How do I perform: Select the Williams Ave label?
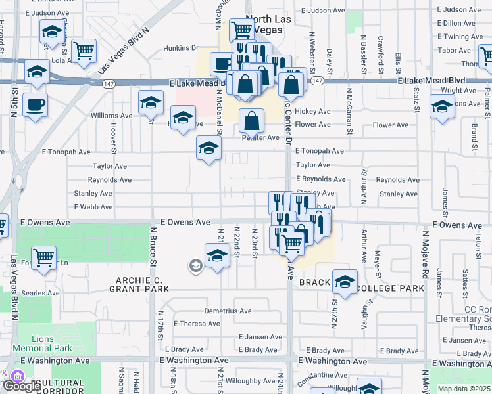tap(107, 116)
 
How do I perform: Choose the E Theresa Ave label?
tap(197, 324)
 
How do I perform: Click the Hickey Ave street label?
tap(312, 112)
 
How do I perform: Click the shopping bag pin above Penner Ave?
tap(251, 120)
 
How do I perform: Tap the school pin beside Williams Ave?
tap(151, 102)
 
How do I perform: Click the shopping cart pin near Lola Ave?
tap(84, 51)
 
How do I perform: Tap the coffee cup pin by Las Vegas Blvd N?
tap(34, 104)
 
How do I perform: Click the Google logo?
tap(22, 385)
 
